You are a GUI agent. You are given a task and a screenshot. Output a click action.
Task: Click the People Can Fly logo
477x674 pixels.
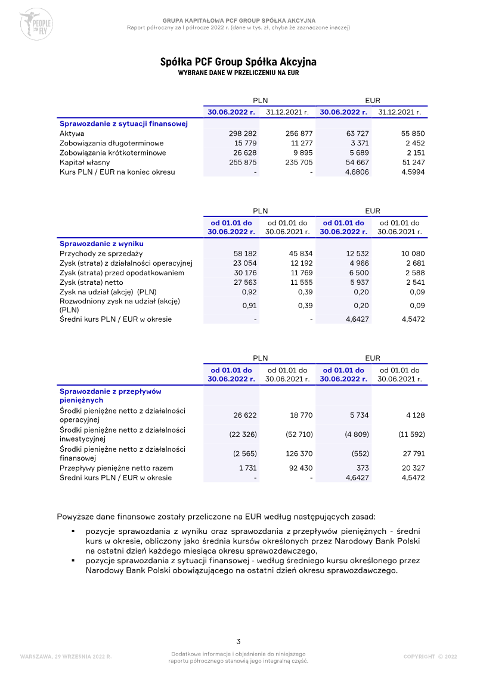point(36,24)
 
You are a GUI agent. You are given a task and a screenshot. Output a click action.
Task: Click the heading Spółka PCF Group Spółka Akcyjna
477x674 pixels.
point(238,62)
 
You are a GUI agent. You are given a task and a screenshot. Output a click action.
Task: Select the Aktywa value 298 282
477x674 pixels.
point(243,133)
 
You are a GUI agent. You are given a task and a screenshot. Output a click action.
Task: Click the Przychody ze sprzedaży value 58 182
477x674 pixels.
point(245,253)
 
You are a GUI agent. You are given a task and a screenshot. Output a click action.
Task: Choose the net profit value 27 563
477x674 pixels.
point(245,282)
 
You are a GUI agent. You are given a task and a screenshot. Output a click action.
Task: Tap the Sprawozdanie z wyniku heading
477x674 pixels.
point(101,244)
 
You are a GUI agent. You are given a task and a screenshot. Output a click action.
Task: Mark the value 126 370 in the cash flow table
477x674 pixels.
point(300,454)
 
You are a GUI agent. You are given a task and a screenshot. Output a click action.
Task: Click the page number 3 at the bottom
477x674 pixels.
point(238,641)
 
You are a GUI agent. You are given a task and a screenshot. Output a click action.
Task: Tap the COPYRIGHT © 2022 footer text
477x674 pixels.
point(430,656)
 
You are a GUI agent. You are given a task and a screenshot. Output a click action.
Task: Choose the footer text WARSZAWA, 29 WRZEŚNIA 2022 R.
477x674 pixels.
point(66,656)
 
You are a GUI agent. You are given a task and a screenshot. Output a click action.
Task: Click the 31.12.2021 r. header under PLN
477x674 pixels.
point(287,112)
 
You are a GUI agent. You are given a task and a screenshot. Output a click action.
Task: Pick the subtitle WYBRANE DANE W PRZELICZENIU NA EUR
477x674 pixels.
point(238,73)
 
